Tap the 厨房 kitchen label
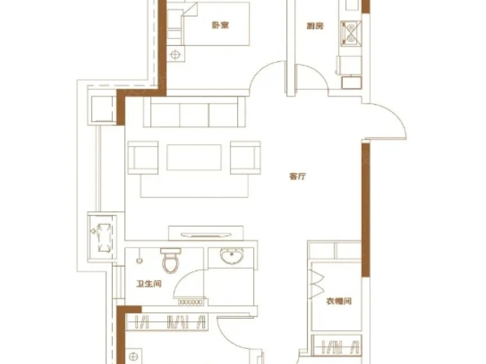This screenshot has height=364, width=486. pos(315,27)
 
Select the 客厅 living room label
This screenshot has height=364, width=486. pos(297,176)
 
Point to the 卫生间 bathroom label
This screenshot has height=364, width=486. pos(148,283)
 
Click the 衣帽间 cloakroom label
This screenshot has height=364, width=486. pos(338,301)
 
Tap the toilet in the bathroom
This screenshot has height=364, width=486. pos(171,261)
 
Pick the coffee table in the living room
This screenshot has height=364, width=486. pos(194,157)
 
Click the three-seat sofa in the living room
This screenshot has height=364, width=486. pos(194,113)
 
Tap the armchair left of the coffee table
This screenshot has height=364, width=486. pos(143,157)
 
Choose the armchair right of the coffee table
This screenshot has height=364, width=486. pos(245,157)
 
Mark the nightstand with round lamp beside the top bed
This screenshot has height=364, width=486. pos(174,54)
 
